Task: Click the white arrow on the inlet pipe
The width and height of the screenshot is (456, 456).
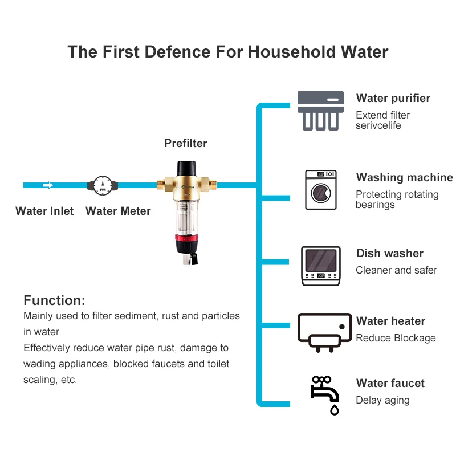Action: (48, 185)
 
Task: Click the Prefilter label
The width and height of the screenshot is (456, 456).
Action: (186, 143)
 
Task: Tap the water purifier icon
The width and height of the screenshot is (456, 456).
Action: (320, 110)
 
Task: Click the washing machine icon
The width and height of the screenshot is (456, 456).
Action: (320, 190)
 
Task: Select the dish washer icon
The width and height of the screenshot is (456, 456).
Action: (320, 266)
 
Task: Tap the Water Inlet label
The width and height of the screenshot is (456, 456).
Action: (44, 211)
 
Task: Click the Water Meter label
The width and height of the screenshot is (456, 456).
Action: (118, 211)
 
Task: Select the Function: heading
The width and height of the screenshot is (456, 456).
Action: (54, 300)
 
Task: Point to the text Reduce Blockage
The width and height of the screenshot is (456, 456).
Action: (396, 338)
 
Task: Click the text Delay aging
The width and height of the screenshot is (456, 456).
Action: (382, 400)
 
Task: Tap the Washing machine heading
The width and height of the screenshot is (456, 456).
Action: (404, 178)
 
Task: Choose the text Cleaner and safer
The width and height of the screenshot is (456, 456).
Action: (396, 270)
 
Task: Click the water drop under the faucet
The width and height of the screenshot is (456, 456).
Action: (335, 409)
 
